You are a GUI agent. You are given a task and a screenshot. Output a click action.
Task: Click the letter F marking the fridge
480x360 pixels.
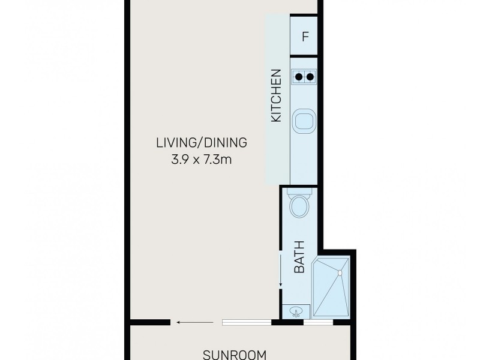pos(305,37)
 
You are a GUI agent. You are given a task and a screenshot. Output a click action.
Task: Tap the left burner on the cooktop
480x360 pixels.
pos(298,76)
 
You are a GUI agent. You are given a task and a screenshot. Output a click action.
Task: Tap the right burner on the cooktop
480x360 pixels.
pos(310,76)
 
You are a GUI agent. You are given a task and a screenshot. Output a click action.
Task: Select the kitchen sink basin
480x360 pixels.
pos(304,122)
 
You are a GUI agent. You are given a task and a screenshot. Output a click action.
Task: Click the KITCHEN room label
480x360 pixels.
pos(276,96)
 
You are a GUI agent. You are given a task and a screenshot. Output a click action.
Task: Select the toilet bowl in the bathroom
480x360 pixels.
pos(299,209)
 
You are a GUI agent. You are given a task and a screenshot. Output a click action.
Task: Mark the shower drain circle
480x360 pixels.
pos(340,273)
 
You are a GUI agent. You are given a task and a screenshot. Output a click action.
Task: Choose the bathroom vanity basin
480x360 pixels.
pos(296,311)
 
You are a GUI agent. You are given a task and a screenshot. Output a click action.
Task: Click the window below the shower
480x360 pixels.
pos(318,323)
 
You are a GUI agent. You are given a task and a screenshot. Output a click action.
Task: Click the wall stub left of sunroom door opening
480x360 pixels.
pos(150,323)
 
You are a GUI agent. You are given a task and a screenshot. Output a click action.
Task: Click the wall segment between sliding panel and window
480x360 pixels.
pos(288,323)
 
